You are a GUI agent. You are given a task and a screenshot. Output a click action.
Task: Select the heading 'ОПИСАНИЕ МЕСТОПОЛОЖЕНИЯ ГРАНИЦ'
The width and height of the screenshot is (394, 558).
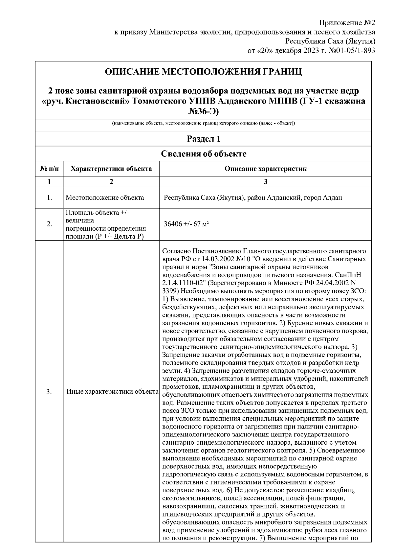203,71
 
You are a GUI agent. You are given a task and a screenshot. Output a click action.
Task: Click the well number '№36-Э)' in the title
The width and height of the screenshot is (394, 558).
203,111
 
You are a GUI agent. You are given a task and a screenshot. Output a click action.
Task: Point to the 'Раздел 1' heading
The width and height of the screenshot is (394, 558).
203,139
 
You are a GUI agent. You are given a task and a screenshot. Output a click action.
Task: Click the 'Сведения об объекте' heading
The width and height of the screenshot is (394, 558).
203,153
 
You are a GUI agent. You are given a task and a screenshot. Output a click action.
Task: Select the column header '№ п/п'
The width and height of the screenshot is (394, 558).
49,169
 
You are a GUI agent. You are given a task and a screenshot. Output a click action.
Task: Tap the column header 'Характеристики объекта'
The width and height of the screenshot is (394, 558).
111,169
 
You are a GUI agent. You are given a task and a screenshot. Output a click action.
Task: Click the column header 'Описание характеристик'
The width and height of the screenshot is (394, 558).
265,169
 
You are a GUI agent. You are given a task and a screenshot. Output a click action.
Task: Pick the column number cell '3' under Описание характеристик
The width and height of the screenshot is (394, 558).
265,182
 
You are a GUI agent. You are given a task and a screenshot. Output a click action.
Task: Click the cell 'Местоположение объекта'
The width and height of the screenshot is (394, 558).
105,198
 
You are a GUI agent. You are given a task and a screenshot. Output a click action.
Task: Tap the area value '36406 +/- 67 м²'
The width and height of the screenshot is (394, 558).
186,224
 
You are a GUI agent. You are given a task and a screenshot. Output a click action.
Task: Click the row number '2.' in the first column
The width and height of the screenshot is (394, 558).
49,224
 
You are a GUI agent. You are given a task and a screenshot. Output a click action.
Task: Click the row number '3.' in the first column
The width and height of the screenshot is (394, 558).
49,392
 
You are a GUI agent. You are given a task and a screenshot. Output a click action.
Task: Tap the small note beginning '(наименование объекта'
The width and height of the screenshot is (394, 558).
203,124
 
